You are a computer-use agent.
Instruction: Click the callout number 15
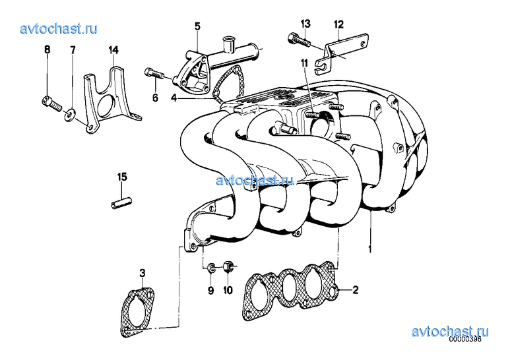pos(122,177)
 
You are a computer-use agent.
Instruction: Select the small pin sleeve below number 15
pos(121,203)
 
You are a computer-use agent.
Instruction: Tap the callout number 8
pos(48,49)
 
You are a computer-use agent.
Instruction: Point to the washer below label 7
pos(70,114)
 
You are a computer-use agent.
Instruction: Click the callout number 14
pos(113,50)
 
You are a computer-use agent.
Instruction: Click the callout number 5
pos(197,26)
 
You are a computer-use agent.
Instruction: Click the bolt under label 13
pos(300,40)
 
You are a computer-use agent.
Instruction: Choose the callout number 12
pos(338,24)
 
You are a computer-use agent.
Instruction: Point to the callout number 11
pos(303,63)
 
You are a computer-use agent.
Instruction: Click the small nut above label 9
pos(211,268)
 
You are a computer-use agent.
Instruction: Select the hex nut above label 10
pos(228,266)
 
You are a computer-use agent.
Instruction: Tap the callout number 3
pos(143,273)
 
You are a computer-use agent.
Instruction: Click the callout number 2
pos(355,289)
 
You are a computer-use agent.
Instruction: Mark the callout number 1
pos(369,249)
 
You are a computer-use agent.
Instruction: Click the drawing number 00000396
pos(465,339)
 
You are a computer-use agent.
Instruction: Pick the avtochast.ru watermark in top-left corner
pos(59,28)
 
